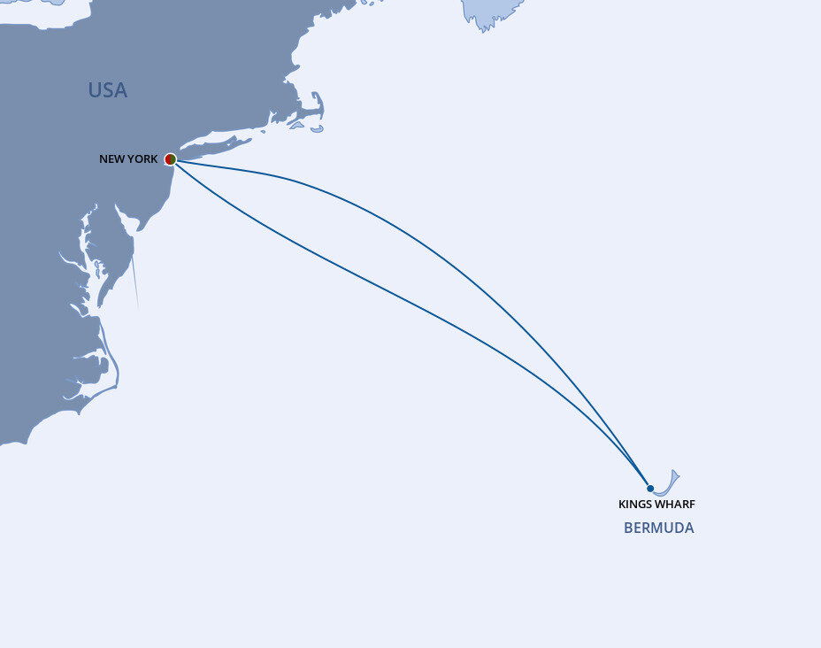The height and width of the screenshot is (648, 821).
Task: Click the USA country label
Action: click(107, 90)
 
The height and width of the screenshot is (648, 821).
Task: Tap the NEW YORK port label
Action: click(128, 159)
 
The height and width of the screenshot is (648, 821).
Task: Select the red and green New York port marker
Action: click(171, 159)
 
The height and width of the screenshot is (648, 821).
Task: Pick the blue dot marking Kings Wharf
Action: click(650, 489)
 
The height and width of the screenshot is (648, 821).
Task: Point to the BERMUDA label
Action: click(658, 528)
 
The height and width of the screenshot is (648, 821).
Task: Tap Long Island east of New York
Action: click(221, 142)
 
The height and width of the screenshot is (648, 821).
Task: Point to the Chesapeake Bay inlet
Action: click(89, 266)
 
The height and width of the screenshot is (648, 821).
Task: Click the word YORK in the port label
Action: click(143, 159)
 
